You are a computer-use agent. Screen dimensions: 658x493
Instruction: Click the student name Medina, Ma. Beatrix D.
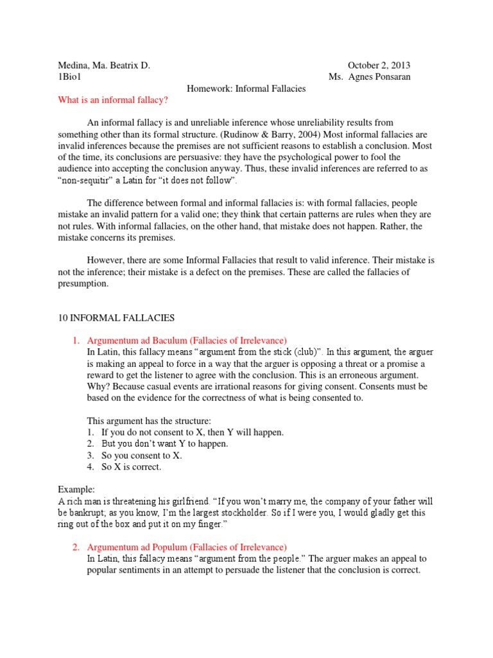pos(104,65)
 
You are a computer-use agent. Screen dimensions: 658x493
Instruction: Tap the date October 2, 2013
pos(379,65)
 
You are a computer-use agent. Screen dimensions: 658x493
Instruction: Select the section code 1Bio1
pos(70,76)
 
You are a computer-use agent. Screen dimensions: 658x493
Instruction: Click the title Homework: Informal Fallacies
pos(246,88)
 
